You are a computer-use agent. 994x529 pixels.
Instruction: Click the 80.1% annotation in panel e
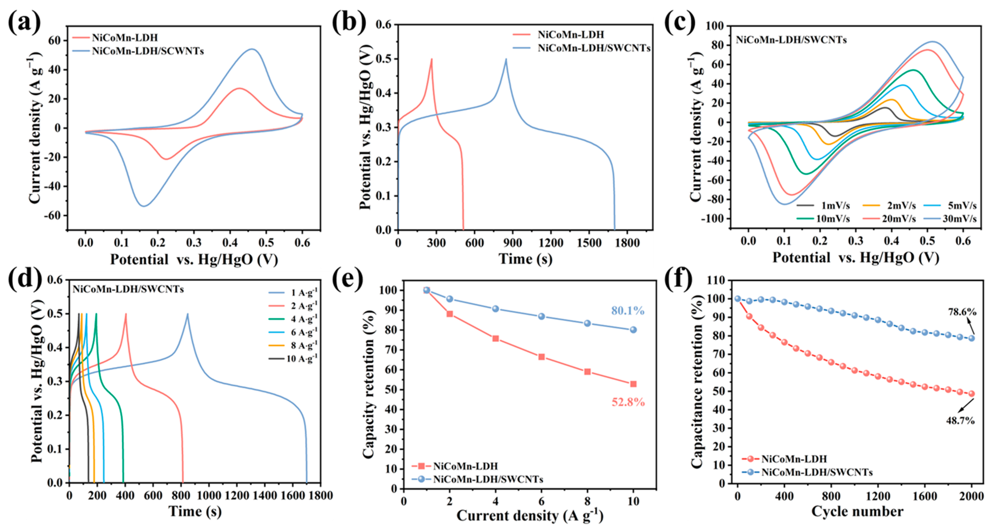[627, 311]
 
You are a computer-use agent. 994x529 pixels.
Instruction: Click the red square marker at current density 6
[541, 357]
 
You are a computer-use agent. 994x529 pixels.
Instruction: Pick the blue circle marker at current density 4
[496, 309]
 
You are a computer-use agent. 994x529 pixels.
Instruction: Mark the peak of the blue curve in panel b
[506, 59]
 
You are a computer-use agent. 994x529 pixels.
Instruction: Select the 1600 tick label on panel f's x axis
[924, 496]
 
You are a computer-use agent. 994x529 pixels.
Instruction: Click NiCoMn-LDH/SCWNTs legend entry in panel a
[147, 51]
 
